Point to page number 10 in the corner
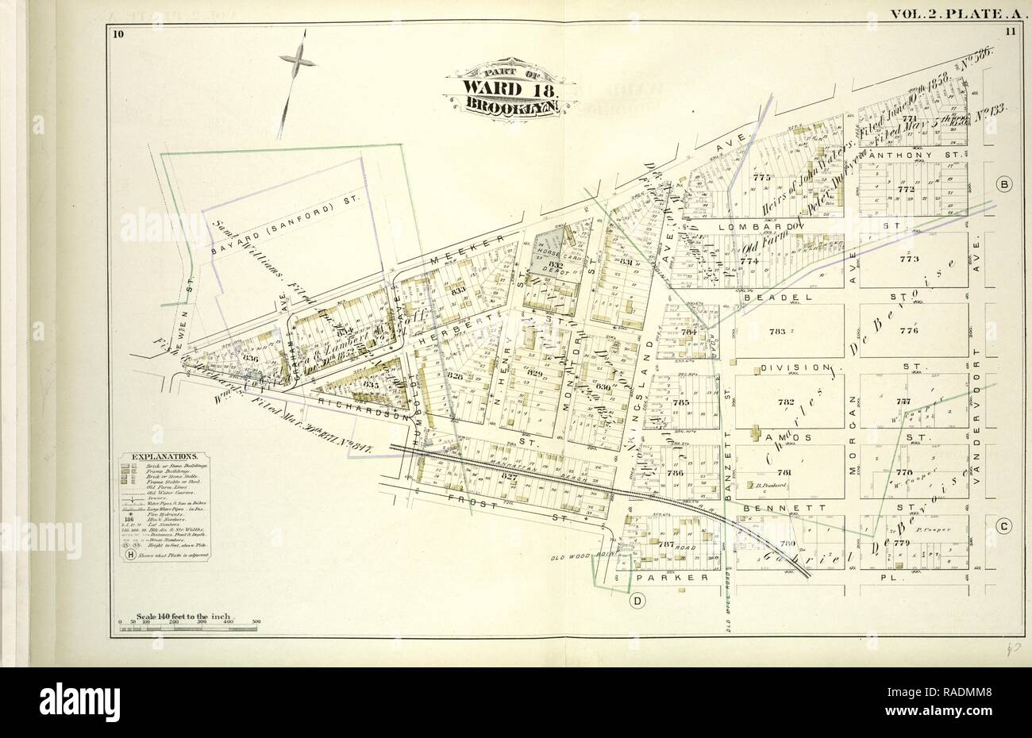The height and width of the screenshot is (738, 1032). coord(118,33)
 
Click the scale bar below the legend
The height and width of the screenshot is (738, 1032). coord(187,628)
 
